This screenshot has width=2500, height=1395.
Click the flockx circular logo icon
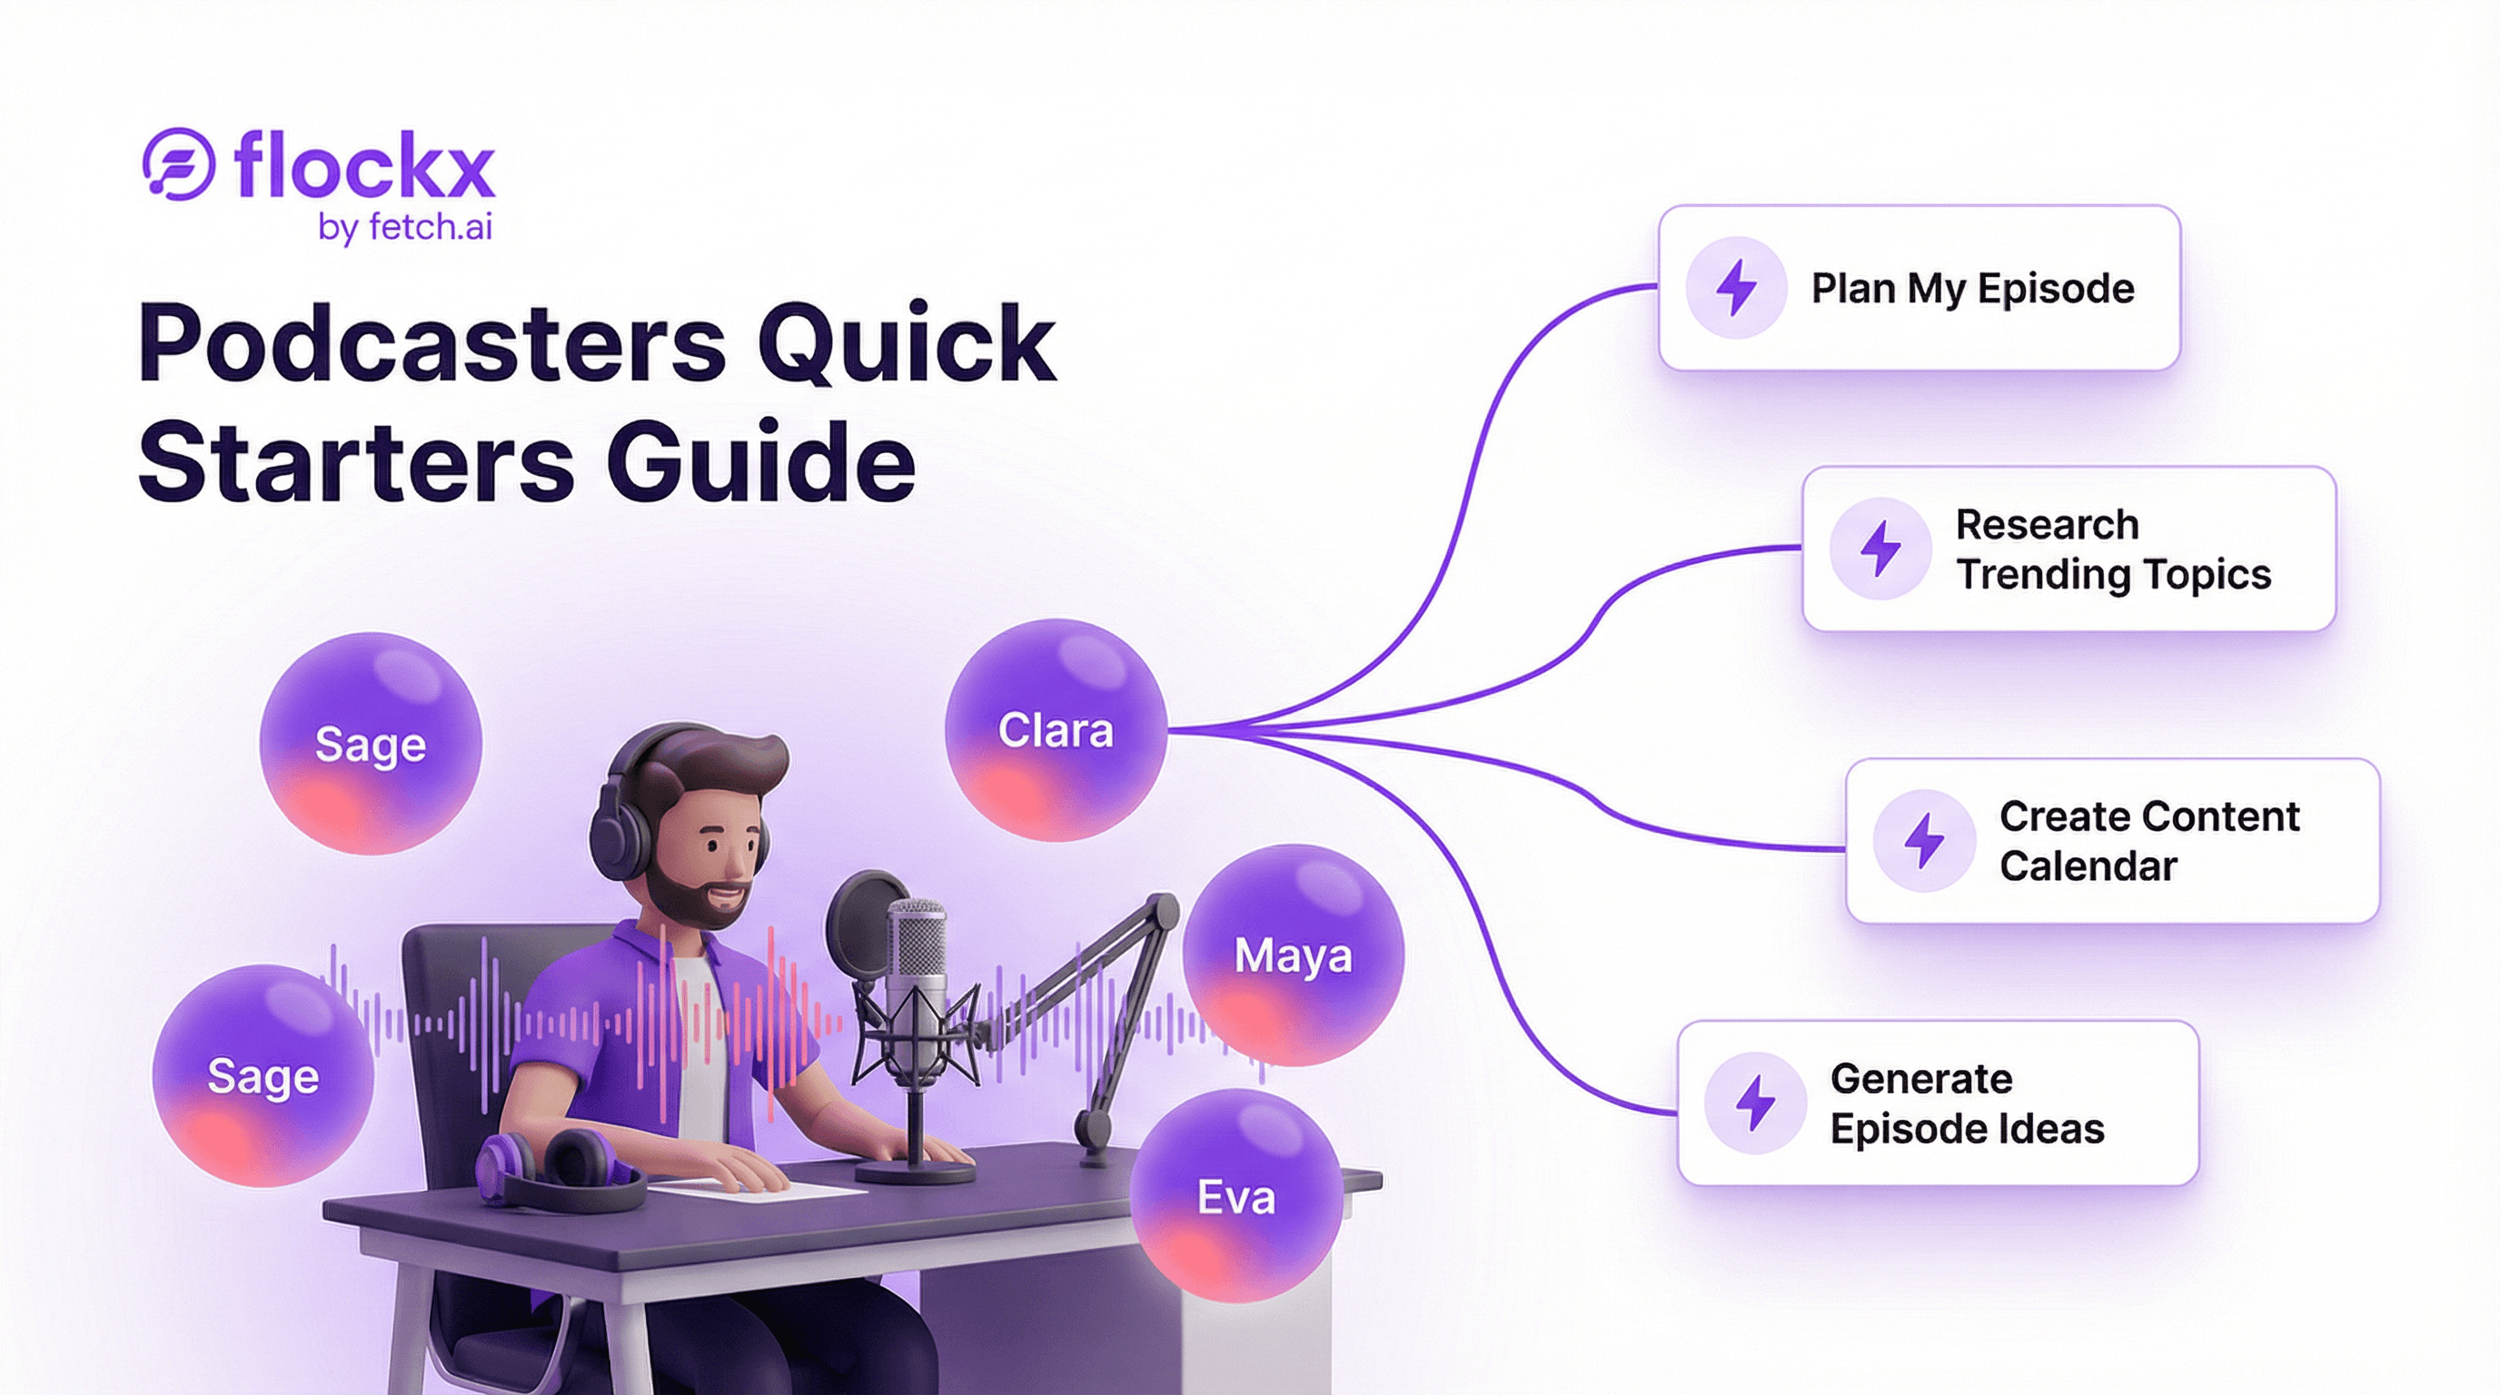click(x=179, y=164)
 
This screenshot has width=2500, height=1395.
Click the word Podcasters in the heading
click(x=432, y=343)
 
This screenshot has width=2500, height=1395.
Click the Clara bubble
click(x=1055, y=730)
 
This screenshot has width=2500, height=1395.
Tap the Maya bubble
click(x=1293, y=955)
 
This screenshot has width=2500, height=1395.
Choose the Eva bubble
click(x=1235, y=1196)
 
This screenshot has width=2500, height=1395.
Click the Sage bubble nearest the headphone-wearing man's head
click(x=370, y=744)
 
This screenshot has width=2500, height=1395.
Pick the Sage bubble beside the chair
click(x=263, y=1076)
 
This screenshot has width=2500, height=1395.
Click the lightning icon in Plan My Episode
click(x=1736, y=288)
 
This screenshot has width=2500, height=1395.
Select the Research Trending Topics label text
click(x=2112, y=549)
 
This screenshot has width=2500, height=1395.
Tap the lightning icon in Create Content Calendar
click(x=1923, y=840)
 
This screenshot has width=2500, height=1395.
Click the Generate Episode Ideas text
click(x=1966, y=1103)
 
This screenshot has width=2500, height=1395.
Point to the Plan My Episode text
click(x=1972, y=288)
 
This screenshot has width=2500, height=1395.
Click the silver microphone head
click(x=916, y=951)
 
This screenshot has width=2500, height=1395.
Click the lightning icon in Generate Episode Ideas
click(x=1755, y=1103)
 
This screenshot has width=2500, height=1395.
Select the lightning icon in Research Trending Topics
click(x=1880, y=549)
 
